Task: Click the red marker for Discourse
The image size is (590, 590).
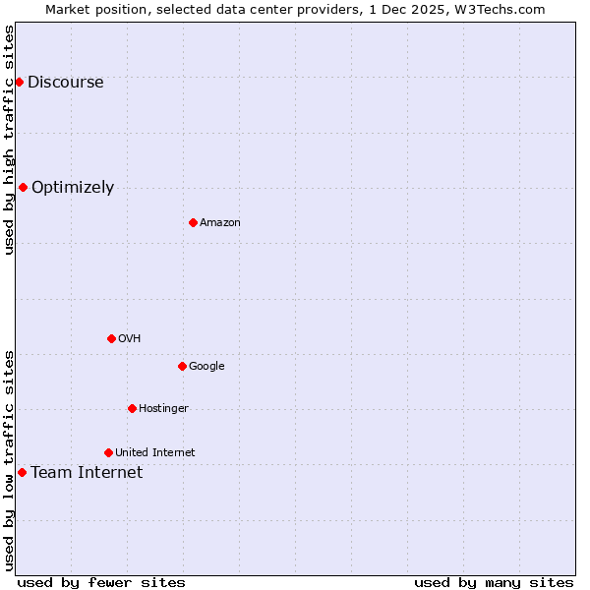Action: pyautogui.click(x=19, y=82)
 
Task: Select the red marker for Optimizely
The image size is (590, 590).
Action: pyautogui.click(x=23, y=187)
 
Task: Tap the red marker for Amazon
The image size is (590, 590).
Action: pyautogui.click(x=193, y=222)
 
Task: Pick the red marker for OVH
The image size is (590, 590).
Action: pyautogui.click(x=111, y=338)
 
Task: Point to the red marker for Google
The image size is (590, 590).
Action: pyautogui.click(x=182, y=366)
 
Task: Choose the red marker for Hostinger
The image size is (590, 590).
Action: pyautogui.click(x=132, y=408)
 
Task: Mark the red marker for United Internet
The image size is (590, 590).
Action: pyautogui.click(x=108, y=452)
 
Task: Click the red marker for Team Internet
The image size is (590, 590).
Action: pyautogui.click(x=22, y=472)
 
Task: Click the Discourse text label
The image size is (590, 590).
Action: pyautogui.click(x=66, y=83)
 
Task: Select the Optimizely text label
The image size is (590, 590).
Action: pyautogui.click(x=73, y=188)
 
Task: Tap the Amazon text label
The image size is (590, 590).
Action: pyautogui.click(x=220, y=223)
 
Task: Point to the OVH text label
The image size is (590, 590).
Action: pyautogui.click(x=130, y=339)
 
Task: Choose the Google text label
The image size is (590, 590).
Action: pyautogui.click(x=206, y=367)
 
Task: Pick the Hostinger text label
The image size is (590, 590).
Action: pyautogui.click(x=163, y=409)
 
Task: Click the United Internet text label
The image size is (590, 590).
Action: pyautogui.click(x=154, y=453)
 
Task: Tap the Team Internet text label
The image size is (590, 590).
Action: pyautogui.click(x=87, y=473)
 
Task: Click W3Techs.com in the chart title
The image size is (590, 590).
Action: pyautogui.click(x=504, y=9)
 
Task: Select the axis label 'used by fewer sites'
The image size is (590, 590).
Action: pyautogui.click(x=101, y=582)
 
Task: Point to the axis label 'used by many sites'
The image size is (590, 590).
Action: pyautogui.click(x=494, y=582)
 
